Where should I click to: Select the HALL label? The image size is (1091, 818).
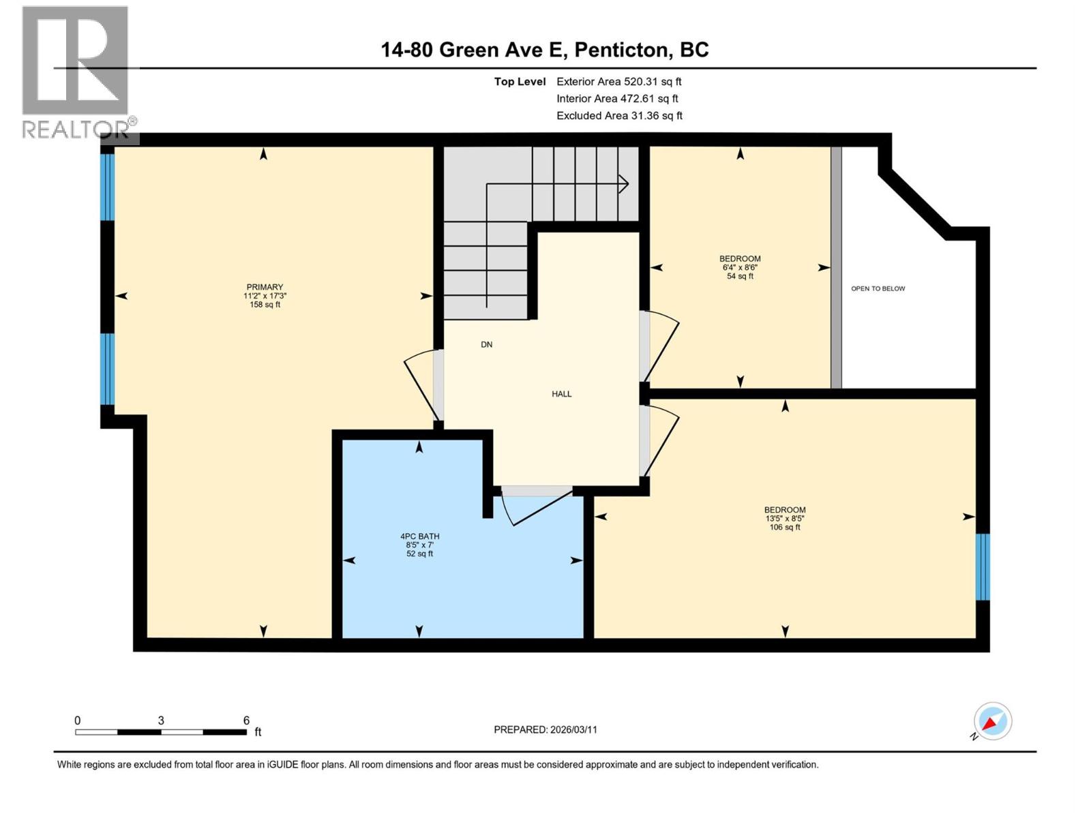click(x=561, y=394)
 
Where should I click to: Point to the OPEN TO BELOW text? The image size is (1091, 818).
click(x=878, y=288)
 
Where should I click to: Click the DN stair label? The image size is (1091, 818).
click(x=486, y=345)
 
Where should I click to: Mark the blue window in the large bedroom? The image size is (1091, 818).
click(x=982, y=566)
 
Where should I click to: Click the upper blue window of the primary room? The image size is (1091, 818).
click(x=107, y=187)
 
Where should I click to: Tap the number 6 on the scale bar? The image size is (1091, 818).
click(x=246, y=721)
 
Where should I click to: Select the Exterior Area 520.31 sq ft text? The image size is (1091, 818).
click(x=618, y=82)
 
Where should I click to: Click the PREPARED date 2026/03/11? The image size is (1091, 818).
click(x=545, y=729)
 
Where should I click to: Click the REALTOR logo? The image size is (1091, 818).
click(x=76, y=72)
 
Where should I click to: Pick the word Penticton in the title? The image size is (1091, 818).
click(x=621, y=50)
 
